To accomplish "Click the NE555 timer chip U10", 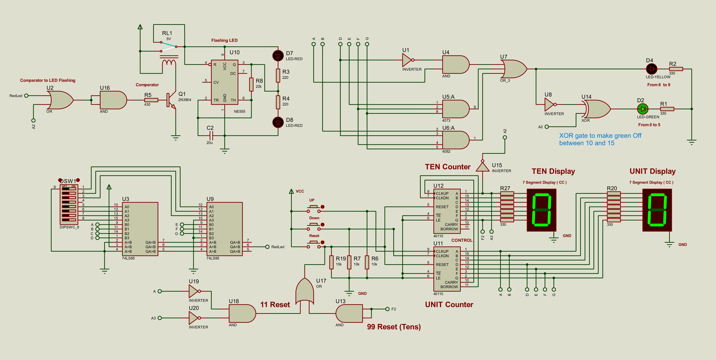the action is tap(225, 82).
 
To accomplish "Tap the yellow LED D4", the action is tap(652, 69).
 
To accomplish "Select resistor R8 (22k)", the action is tap(251, 84).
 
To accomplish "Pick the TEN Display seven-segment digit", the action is tap(541, 210).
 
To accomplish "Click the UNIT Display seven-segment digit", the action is tap(657, 210).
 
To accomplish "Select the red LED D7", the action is tap(278, 56).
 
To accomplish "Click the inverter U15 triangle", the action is tap(483, 167).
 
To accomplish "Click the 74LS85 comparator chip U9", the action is tap(225, 229).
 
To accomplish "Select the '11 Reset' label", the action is tap(275, 305).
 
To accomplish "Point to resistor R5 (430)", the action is tap(151, 100).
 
